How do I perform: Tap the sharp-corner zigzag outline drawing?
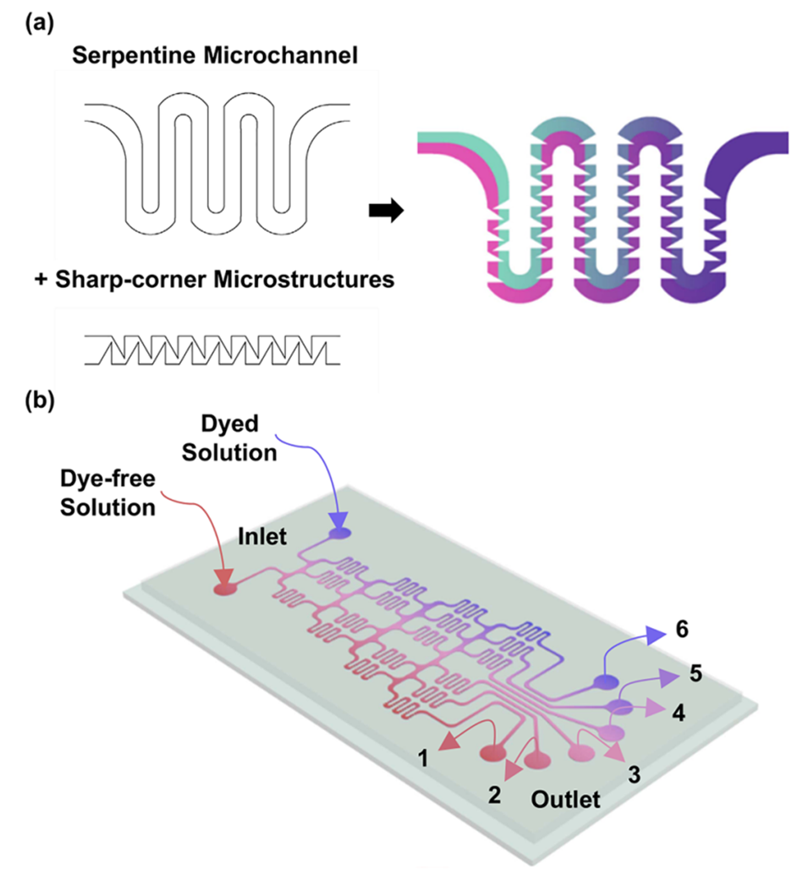point(211,350)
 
